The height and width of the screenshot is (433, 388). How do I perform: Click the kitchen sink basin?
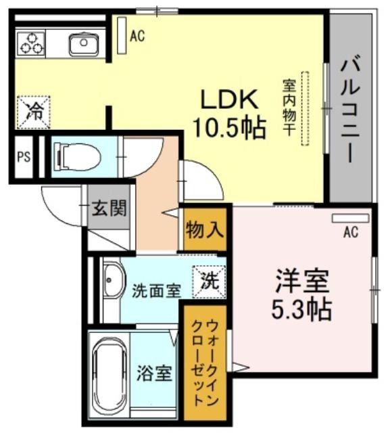pyautogui.click(x=82, y=44)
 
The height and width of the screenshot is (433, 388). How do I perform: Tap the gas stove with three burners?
pyautogui.click(x=30, y=43)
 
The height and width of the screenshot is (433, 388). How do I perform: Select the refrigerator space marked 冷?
pyautogui.click(x=34, y=112)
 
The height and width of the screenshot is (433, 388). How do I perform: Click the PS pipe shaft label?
pyautogui.click(x=24, y=157)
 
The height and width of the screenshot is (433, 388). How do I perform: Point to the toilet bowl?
pyautogui.click(x=78, y=157)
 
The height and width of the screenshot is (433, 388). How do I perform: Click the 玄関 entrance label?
pyautogui.click(x=109, y=208)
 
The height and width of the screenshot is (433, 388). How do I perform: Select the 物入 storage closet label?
pyautogui.click(x=204, y=229)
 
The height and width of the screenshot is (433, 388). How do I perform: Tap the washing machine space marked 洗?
pyautogui.click(x=209, y=282)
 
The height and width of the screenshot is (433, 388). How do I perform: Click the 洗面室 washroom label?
pyautogui.click(x=156, y=290)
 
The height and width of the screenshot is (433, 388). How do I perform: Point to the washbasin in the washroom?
pyautogui.click(x=114, y=280)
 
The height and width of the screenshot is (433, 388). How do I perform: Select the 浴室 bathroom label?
pyautogui.click(x=155, y=373)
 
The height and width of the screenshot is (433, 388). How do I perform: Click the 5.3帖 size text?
pyautogui.click(x=301, y=309)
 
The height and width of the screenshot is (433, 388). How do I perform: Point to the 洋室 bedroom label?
pyautogui.click(x=302, y=281)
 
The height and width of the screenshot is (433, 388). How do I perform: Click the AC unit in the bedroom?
pyautogui.click(x=350, y=218)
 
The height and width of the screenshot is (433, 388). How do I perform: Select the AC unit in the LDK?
pyautogui.click(x=122, y=35)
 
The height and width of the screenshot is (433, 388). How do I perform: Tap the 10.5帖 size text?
pyautogui.click(x=230, y=128)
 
